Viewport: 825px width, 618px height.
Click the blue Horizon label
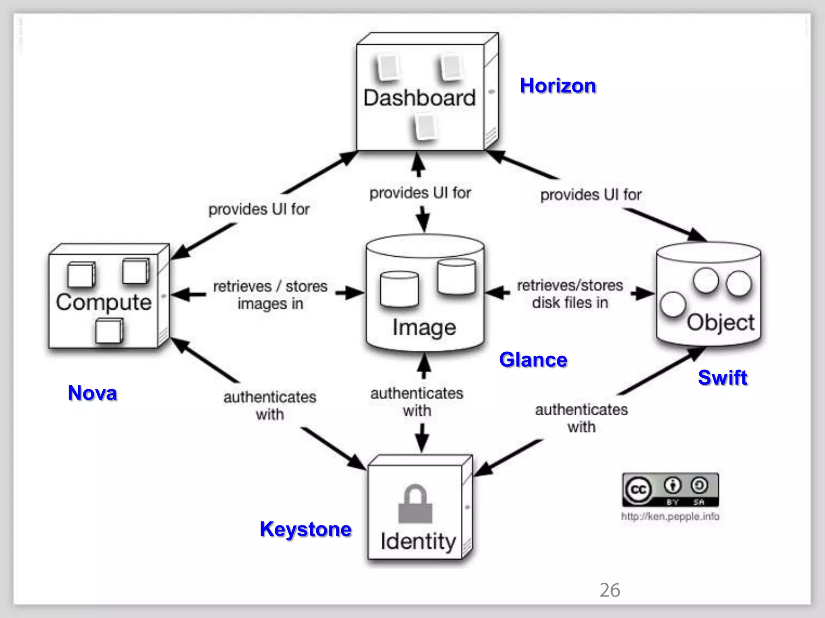[x=558, y=86]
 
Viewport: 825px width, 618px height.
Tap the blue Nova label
[x=92, y=393]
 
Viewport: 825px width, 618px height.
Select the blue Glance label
[x=533, y=359]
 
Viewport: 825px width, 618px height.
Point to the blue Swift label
[x=722, y=377]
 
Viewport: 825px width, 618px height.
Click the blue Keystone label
[x=305, y=529]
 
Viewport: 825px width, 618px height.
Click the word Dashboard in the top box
[x=419, y=98]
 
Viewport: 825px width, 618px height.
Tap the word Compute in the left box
[x=104, y=303]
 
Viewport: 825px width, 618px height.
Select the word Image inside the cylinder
[x=424, y=327]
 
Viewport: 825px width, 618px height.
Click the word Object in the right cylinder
[x=720, y=322]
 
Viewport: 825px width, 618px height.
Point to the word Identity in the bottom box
[x=418, y=541]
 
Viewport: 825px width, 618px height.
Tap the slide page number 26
[x=610, y=590]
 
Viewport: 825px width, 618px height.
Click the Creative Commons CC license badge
[x=670, y=490]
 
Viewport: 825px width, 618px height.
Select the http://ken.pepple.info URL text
[x=670, y=516]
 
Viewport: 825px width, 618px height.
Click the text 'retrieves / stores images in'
[x=270, y=295]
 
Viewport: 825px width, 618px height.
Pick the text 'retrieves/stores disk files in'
[x=570, y=294]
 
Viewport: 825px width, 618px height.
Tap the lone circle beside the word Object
[x=673, y=304]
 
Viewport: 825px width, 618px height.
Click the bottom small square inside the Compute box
[x=109, y=331]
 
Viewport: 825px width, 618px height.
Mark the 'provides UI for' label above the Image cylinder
[x=420, y=193]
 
